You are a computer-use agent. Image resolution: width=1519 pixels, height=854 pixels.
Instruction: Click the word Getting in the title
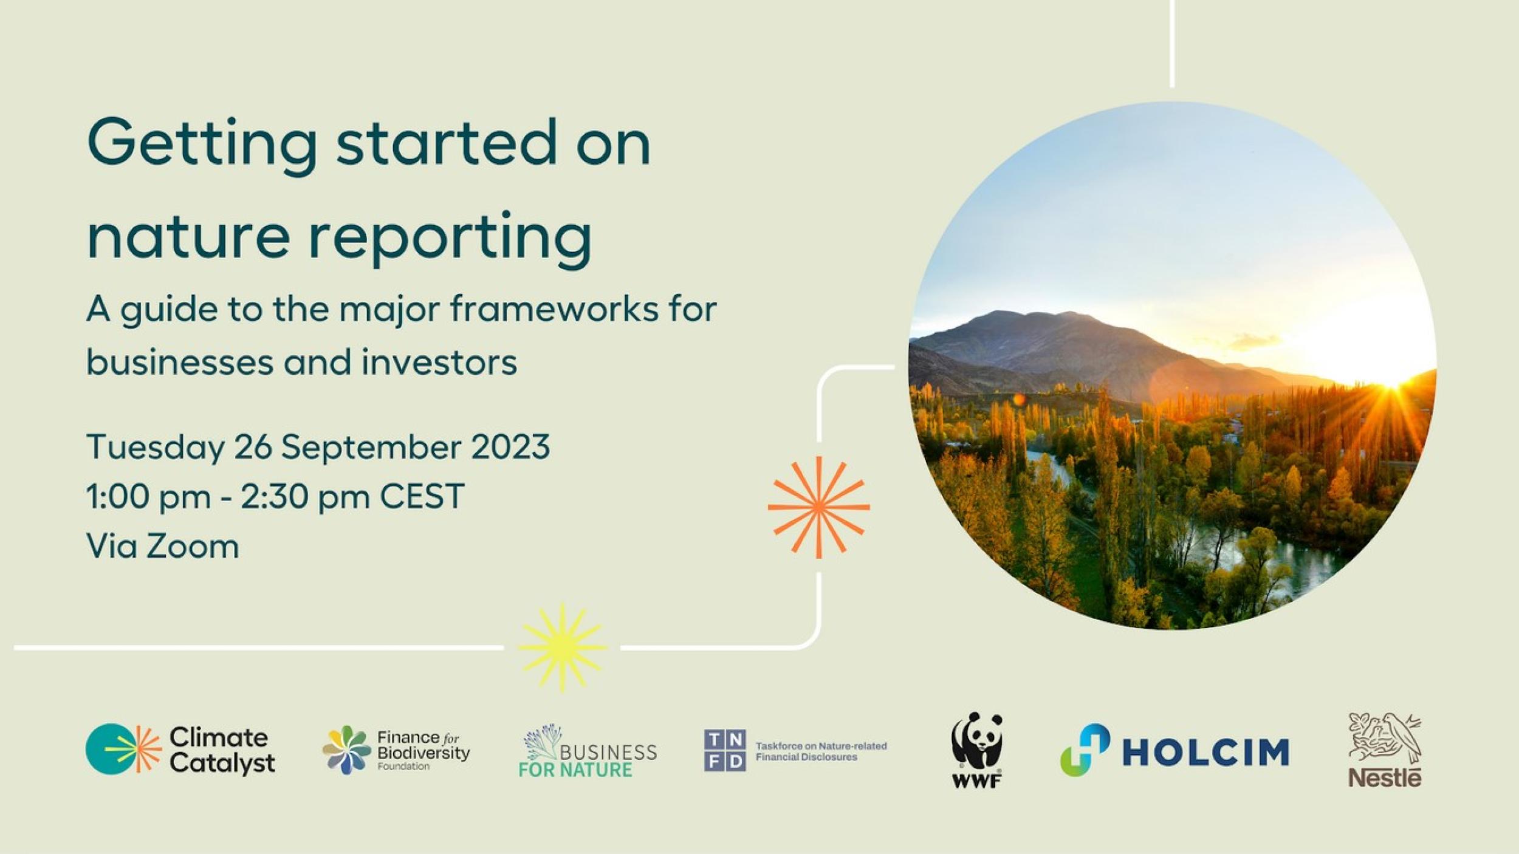click(x=202, y=146)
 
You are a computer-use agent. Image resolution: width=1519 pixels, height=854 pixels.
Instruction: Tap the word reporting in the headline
click(x=450, y=239)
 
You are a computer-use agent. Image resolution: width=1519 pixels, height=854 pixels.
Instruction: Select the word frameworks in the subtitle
click(x=555, y=310)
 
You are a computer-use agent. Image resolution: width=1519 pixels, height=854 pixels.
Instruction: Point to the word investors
click(x=439, y=363)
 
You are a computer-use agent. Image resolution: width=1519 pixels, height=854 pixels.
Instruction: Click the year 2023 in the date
click(x=510, y=448)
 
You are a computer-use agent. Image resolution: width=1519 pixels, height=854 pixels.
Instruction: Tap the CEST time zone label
click(x=422, y=496)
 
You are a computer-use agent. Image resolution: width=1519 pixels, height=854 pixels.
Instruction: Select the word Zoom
click(x=193, y=546)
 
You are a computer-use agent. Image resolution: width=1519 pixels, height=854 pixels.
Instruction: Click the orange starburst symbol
click(x=818, y=507)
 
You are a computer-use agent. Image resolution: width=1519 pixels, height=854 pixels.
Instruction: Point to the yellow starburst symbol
click(x=562, y=647)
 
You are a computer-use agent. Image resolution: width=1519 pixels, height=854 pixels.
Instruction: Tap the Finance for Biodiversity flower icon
click(x=346, y=750)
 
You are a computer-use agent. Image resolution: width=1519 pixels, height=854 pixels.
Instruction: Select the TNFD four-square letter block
click(x=725, y=751)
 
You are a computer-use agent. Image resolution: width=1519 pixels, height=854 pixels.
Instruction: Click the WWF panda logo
click(x=976, y=750)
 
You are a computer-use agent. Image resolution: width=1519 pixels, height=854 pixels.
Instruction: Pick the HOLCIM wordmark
click(x=1205, y=752)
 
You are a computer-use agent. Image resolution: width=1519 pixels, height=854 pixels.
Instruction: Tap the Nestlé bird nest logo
click(x=1385, y=750)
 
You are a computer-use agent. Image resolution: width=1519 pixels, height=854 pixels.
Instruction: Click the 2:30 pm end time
click(x=305, y=496)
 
